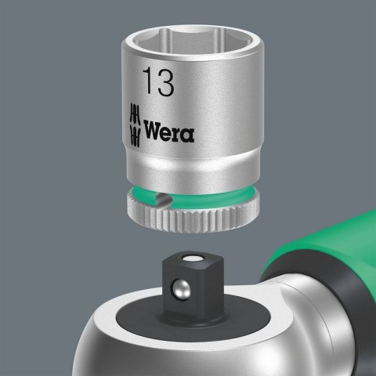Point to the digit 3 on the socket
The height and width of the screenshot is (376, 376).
164,81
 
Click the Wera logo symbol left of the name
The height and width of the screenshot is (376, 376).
134,122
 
